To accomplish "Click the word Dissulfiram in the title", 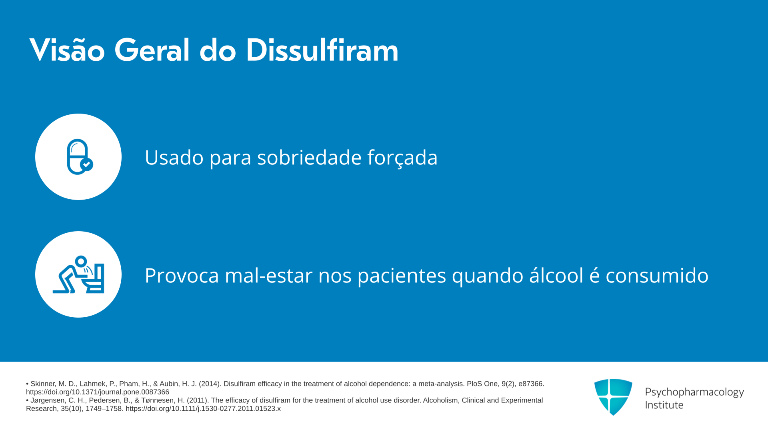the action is [322, 50].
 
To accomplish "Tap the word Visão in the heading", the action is [67, 50].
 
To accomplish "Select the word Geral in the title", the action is [152, 50].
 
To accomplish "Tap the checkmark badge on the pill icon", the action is [87, 164].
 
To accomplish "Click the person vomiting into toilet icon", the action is [78, 274].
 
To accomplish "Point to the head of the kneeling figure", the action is [81, 262].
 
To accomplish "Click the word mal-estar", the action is [269, 275].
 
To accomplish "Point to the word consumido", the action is [657, 275].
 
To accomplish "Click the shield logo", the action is [613, 397].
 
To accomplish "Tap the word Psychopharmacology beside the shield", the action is [694, 392].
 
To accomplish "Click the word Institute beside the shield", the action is [664, 405].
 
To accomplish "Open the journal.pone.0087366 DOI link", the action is [98, 392].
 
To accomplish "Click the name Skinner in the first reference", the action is [43, 384].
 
